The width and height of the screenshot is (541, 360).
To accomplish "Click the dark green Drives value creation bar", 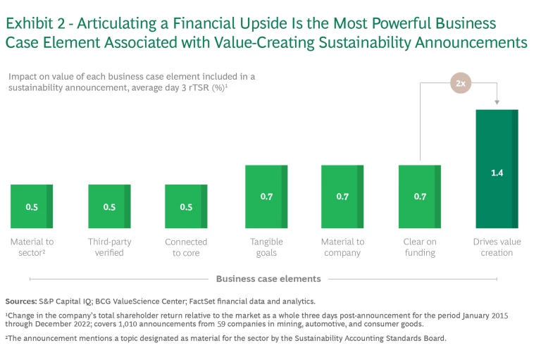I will [x=497, y=169].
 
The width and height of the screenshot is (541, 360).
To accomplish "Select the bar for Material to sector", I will [x=32, y=206].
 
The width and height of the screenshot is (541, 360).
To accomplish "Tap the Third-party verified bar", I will [x=109, y=206].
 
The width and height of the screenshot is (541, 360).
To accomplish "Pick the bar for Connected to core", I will [x=186, y=206].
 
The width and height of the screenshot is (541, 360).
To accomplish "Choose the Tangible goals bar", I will [x=266, y=197].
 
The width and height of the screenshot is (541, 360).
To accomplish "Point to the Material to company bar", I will [x=342, y=197].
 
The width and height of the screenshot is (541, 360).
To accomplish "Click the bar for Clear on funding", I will [x=420, y=197].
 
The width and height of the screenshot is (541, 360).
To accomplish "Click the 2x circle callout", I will [x=461, y=83].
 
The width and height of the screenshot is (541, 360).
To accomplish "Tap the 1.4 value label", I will [x=497, y=173].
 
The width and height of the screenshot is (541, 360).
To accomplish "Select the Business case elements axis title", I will [x=268, y=279].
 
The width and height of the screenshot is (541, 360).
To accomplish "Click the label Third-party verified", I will [x=109, y=247].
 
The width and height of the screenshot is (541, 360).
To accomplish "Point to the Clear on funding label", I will [x=420, y=247].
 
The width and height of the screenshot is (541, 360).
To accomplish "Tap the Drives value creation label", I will [x=497, y=247].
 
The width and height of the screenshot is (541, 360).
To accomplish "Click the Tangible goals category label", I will [x=266, y=247].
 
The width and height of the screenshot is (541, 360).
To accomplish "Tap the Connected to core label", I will [x=186, y=247].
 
